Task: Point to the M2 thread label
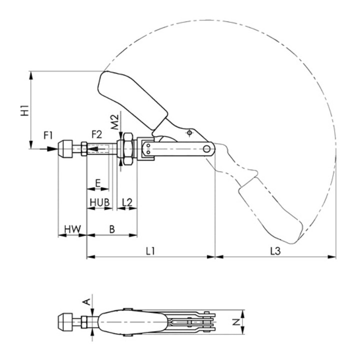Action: point(114,121)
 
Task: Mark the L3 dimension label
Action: point(274,252)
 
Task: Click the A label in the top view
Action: point(86,301)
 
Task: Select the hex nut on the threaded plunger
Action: point(126,148)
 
